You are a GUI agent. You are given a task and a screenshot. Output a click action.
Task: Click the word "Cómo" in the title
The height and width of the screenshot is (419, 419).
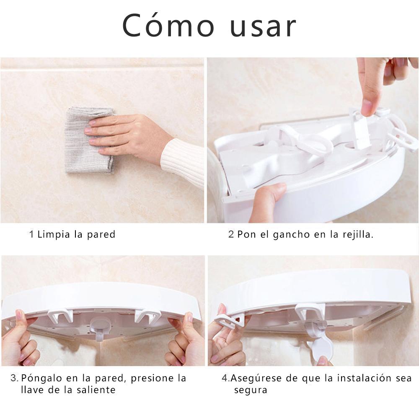tap(168, 25)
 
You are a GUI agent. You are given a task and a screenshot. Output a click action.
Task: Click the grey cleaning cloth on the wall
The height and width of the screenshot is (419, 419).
tap(90, 140)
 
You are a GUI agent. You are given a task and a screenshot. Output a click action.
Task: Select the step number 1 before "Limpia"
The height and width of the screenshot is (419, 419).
tap(31, 234)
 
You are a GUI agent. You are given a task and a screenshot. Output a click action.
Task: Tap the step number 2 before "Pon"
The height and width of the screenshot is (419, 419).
tap(231, 234)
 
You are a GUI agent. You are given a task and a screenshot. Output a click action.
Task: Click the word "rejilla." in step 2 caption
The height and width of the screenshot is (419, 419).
tap(358, 234)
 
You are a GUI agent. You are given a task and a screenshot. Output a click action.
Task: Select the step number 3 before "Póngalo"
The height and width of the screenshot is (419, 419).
tap(14, 378)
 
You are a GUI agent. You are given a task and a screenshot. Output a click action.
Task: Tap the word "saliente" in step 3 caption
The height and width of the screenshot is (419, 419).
tap(96, 390)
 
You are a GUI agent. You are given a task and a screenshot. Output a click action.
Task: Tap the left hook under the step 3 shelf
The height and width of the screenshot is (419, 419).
tap(60, 316)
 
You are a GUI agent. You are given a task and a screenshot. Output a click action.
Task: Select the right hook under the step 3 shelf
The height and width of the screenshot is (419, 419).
tap(147, 316)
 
